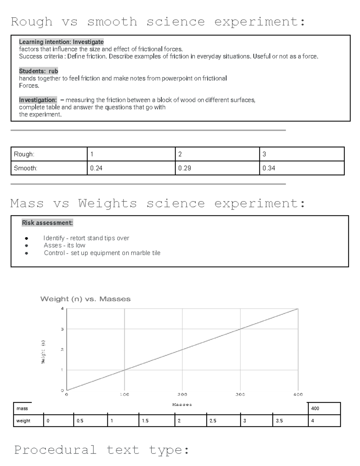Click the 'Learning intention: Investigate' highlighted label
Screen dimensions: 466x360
(x=61, y=42)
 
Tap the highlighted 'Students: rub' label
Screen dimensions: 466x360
(x=38, y=71)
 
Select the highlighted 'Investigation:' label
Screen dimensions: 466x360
(x=38, y=100)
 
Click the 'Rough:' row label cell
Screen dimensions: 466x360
(x=49, y=154)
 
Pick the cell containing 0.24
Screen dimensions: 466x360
(x=131, y=168)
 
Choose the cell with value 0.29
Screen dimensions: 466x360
(x=217, y=168)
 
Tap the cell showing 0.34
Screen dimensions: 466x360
(x=301, y=168)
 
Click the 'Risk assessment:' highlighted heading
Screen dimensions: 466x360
(x=47, y=223)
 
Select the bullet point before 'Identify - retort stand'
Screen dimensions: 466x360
(x=27, y=239)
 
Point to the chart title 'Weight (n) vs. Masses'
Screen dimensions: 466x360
(x=85, y=299)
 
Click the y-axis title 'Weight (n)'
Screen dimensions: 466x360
(x=43, y=352)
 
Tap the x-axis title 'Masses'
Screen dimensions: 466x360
(x=182, y=404)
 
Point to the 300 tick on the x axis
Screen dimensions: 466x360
(x=240, y=395)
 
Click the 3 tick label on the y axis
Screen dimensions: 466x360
(x=62, y=329)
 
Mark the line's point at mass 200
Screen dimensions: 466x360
(x=182, y=350)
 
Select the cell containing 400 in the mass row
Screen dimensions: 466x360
(x=324, y=408)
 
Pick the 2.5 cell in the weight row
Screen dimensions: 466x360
(x=223, y=421)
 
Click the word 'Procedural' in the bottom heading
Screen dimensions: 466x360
(x=55, y=450)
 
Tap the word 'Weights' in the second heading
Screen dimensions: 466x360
(x=108, y=203)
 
